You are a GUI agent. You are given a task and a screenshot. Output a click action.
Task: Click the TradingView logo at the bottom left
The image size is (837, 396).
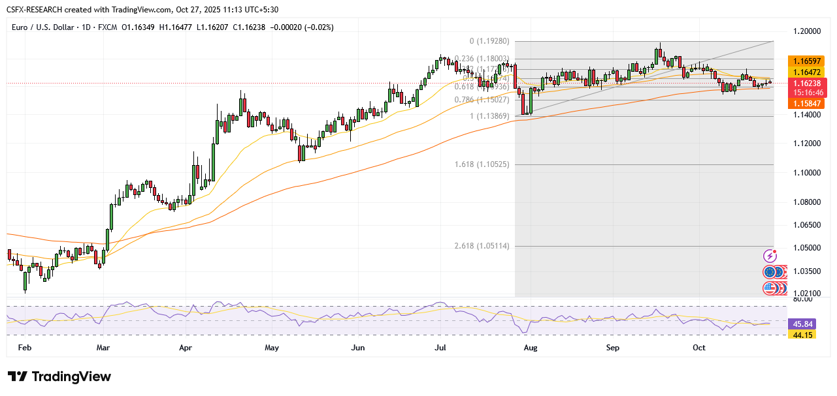tap(59, 377)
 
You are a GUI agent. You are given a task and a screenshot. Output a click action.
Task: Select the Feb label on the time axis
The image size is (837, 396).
tap(25, 348)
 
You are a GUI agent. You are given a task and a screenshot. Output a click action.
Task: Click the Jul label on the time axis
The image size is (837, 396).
tap(440, 348)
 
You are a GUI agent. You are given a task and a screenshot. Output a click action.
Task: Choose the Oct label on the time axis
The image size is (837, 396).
tap(699, 348)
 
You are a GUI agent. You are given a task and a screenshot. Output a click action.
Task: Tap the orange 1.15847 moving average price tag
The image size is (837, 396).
tap(808, 104)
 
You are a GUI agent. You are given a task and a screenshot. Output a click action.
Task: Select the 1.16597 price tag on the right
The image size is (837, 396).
tap(808, 60)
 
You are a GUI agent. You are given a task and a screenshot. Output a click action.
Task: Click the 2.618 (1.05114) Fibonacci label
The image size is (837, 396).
tap(482, 246)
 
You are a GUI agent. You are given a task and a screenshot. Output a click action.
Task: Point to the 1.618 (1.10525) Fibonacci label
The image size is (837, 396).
tap(482, 164)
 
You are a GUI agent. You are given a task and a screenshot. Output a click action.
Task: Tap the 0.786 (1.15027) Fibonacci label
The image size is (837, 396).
tap(482, 100)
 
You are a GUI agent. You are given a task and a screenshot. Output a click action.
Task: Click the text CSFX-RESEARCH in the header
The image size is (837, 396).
tap(40, 10)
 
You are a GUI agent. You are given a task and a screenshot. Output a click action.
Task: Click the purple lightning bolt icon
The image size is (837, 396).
tap(770, 256)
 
